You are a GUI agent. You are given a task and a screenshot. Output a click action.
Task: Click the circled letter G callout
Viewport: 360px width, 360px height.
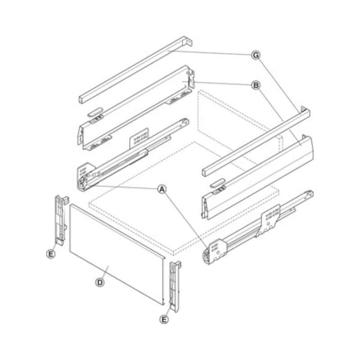point(256,55)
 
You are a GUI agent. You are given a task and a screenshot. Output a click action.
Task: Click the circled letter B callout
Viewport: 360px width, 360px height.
point(256,85)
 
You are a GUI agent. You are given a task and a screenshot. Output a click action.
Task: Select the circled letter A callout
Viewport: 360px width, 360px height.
point(162,189)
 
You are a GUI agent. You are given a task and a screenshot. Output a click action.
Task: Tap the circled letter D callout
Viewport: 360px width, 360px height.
point(100,282)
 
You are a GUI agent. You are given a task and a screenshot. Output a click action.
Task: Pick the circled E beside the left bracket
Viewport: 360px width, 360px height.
point(51,254)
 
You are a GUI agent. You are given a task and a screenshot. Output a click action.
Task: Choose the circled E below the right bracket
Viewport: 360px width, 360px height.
point(164,319)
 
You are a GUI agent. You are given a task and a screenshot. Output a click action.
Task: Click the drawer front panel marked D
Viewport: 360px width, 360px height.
point(117,254)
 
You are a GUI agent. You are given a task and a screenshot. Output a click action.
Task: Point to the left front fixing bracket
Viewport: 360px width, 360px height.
point(61,220)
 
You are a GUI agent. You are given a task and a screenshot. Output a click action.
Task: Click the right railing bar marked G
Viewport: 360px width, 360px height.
point(256,142)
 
